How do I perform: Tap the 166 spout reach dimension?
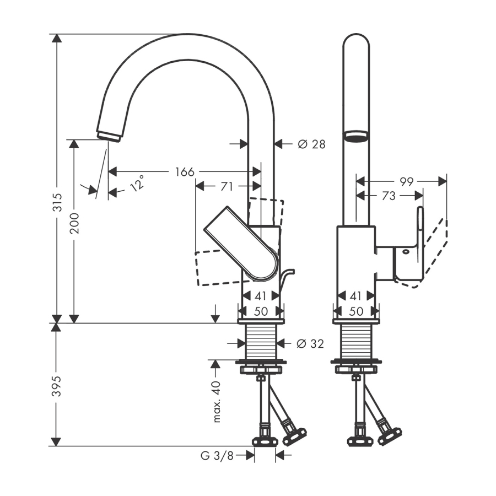pos(185,172)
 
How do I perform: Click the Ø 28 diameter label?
pos(311,144)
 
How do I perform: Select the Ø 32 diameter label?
pos(310,344)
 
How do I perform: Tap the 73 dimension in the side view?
pos(389,196)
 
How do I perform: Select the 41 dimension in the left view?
pos(261,296)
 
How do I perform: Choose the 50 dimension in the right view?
pos(357,311)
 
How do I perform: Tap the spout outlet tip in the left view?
pos(109,136)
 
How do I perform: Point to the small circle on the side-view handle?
pos(406,252)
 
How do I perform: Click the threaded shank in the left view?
pos(261,342)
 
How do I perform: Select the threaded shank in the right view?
pos(356,342)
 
